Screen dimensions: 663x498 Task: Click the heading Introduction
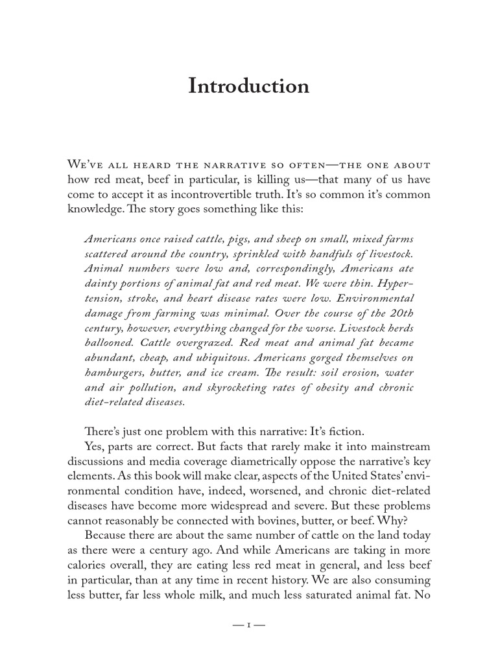[249, 86]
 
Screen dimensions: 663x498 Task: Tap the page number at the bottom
[249, 625]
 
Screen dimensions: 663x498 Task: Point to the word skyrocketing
[238, 387]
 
